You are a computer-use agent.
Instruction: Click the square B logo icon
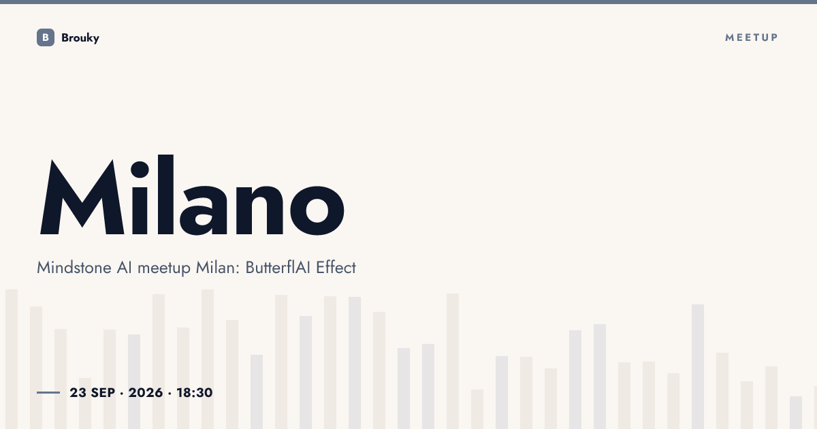[46, 37]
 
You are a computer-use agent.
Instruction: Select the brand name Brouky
[80, 38]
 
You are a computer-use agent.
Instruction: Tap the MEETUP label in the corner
[752, 37]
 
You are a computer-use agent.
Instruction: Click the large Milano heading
[192, 195]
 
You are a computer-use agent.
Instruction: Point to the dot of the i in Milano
[140, 170]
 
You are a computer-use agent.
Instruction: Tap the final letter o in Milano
[317, 210]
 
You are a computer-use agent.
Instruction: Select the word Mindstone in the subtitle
[74, 268]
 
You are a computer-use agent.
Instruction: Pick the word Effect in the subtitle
[336, 268]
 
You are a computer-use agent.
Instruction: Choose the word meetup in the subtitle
[164, 268]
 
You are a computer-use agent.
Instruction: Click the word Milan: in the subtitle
[218, 268]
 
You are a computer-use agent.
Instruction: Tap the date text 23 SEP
[93, 393]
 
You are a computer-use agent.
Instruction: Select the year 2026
[146, 393]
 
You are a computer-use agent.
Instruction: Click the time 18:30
[195, 393]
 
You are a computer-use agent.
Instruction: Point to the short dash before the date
[48, 392]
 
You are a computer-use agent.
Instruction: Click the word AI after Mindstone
[125, 268]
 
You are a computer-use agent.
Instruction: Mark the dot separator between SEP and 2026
[122, 394]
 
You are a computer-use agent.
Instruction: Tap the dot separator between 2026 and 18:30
[170, 394]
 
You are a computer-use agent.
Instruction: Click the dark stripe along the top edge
[408, 2]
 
